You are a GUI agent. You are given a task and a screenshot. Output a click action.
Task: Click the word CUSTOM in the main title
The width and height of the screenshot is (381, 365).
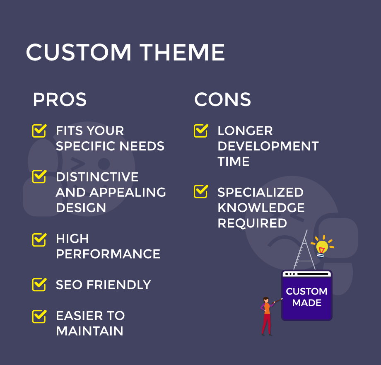79,52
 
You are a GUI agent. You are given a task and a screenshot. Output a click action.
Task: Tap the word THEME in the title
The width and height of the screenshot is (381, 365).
182,52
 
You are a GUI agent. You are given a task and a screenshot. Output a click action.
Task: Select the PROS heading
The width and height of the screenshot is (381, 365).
60,99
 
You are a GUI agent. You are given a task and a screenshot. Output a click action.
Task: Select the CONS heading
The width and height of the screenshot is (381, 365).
222,99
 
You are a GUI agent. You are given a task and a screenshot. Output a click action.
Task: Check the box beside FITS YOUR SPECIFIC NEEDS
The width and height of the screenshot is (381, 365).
39,131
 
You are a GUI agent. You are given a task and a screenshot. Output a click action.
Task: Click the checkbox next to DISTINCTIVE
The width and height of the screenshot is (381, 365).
39,176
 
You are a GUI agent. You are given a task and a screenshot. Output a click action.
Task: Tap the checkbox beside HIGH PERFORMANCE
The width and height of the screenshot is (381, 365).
39,240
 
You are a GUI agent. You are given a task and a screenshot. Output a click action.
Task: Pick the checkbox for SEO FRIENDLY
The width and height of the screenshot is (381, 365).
39,285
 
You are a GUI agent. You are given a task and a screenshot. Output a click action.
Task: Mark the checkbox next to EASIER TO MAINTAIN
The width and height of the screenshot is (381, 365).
39,317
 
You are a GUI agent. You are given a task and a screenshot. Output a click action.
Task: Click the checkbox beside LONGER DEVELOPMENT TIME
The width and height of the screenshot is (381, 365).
201,131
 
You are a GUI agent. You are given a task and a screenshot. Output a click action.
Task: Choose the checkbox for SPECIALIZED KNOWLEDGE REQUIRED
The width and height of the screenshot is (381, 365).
201,191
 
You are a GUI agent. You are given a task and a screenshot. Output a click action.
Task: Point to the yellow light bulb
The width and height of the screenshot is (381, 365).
322,247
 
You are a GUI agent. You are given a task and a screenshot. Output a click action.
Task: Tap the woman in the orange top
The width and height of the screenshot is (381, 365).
267,316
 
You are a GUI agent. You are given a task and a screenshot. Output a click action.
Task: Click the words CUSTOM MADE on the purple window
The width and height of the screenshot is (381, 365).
306,297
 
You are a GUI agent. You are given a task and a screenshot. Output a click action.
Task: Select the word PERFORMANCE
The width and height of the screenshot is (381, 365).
108,254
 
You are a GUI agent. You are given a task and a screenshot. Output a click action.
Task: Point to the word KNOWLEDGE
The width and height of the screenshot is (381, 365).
261,208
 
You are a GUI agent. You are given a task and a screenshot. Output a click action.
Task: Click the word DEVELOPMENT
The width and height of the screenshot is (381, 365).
268,146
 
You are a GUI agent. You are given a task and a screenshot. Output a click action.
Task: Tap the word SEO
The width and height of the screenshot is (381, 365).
69,285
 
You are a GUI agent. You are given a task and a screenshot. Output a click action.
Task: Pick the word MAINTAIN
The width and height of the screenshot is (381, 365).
90,331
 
